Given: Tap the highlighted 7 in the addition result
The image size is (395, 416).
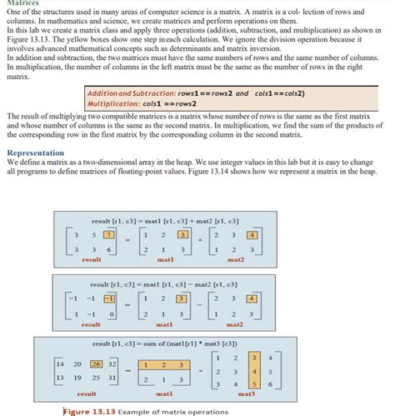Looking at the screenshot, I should pyautogui.click(x=107, y=235).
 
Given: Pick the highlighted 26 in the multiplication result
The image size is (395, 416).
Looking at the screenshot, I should pyautogui.click(x=97, y=363).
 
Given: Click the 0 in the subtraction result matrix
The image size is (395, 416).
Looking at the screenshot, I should pyautogui.click(x=110, y=313).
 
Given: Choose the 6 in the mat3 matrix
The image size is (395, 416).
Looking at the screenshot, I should pyautogui.click(x=270, y=383).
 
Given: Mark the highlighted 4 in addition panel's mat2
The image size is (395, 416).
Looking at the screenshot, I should pyautogui.click(x=252, y=235).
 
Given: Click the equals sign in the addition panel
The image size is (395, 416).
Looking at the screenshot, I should pyautogui.click(x=127, y=242).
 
